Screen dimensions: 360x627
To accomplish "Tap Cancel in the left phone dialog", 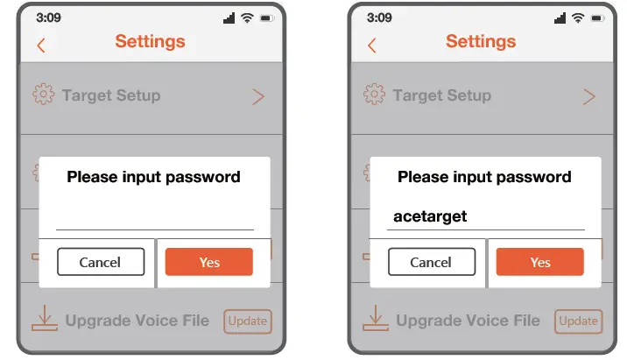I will click(x=101, y=262).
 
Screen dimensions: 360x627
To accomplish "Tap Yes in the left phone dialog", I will click(x=209, y=262).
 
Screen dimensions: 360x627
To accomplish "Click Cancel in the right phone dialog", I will click(x=431, y=262).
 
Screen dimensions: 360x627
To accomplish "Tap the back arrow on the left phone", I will click(x=40, y=46).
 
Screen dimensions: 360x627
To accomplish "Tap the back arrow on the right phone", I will click(x=371, y=46).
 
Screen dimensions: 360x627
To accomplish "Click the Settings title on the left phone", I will click(x=150, y=41).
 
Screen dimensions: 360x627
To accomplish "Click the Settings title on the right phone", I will click(x=481, y=41).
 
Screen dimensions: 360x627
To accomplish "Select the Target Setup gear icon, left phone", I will click(x=43, y=95).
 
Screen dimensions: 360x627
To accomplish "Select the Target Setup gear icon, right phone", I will click(x=374, y=95).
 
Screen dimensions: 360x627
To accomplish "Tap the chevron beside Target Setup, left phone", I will click(x=257, y=96).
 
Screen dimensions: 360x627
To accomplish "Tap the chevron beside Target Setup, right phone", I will click(x=588, y=96).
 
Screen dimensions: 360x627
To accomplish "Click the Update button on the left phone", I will click(x=248, y=321).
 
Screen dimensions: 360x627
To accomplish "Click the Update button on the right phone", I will click(x=579, y=321).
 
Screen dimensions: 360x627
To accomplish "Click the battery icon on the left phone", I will click(x=267, y=18).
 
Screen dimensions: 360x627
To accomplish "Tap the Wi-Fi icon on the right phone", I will click(x=578, y=18).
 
